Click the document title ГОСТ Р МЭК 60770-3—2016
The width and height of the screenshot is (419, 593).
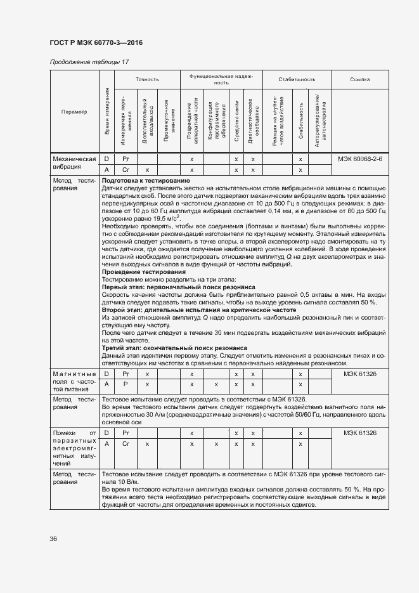[x=96, y=42]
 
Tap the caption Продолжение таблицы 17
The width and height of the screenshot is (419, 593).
[x=89, y=62]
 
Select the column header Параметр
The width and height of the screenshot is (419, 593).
[x=74, y=112]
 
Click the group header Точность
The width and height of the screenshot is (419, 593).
[x=147, y=79]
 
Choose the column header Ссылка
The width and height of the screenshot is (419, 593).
[x=359, y=79]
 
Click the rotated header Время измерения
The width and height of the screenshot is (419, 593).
[x=106, y=112]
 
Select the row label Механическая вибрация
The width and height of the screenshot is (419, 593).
[x=74, y=164]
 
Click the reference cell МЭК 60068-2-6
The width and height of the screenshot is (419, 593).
[x=359, y=159]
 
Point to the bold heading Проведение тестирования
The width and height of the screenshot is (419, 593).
[x=139, y=271]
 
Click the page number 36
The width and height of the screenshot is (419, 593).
[x=54, y=538]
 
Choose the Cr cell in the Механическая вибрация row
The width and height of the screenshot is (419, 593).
[x=126, y=170]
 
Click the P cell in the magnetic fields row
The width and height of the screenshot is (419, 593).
[x=126, y=384]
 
